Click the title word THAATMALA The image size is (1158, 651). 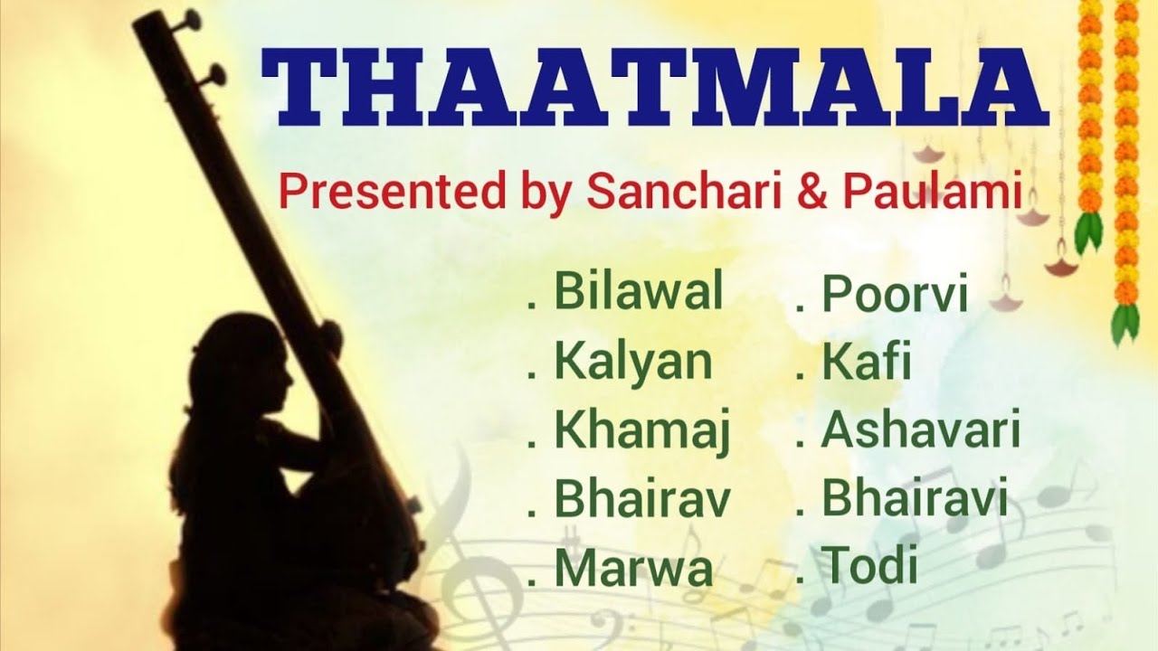point(654,88)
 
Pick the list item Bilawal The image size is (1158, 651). point(638,293)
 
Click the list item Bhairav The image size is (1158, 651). point(641,500)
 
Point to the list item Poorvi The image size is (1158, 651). point(894,297)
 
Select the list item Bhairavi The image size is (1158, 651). point(914,500)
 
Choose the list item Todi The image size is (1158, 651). point(868,568)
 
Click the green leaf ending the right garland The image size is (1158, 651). point(1125,324)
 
